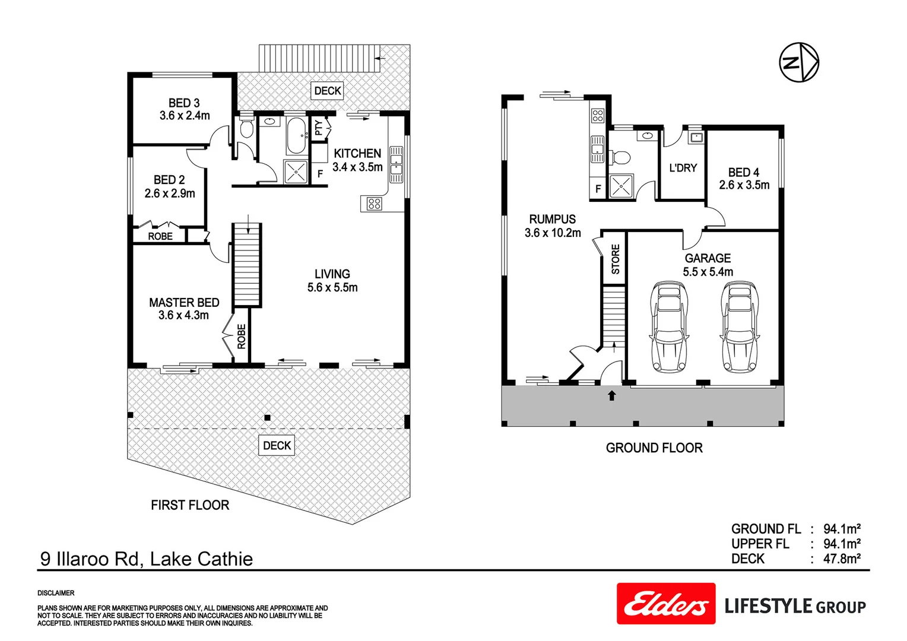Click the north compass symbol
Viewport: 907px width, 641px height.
[799, 62]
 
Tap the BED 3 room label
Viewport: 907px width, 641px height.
[184, 103]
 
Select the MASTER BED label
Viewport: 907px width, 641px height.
[184, 303]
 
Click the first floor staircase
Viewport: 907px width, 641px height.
[246, 265]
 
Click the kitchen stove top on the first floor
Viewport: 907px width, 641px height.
[374, 204]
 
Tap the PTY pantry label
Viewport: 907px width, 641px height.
[319, 128]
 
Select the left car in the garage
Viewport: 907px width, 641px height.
[669, 327]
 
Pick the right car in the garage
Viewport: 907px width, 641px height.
[740, 327]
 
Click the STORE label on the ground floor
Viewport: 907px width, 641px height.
[616, 259]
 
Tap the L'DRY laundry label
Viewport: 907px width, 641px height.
[683, 168]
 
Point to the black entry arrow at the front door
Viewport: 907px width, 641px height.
[611, 395]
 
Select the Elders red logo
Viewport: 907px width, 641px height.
[666, 604]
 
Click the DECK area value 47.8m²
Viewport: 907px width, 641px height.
[842, 559]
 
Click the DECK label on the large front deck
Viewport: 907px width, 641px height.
[277, 446]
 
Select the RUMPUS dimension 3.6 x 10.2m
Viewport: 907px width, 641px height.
[553, 233]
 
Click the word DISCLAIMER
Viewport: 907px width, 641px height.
[56, 593]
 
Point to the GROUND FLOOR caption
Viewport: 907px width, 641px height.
[654, 448]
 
